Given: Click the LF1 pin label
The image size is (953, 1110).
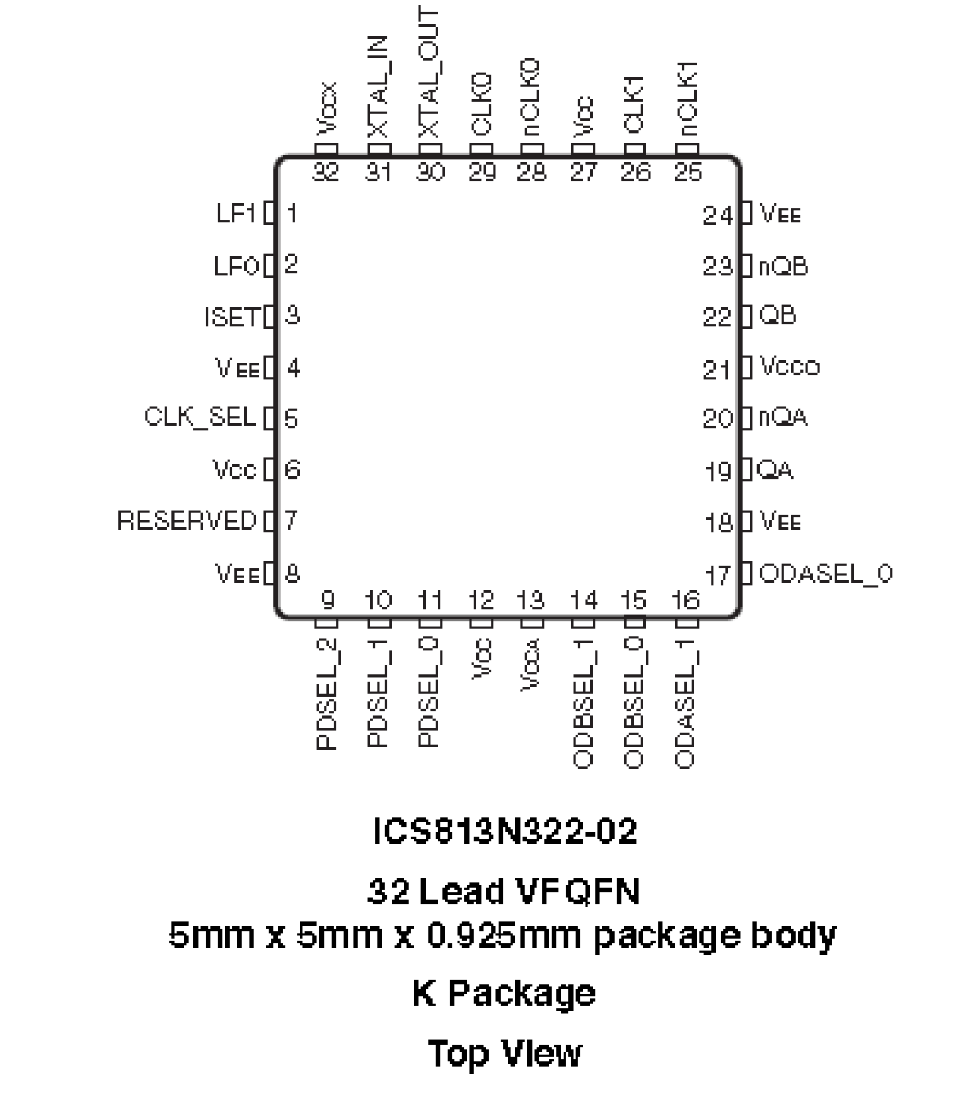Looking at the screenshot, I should (236, 214).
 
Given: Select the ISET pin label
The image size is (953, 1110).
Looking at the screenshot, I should (231, 316).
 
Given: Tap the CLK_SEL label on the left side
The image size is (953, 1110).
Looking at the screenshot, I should (200, 417).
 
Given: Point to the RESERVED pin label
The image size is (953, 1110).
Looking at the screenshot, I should (187, 520).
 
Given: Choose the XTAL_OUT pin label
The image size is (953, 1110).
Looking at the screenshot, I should (429, 73).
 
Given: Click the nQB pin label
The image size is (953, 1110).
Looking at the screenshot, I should (783, 266).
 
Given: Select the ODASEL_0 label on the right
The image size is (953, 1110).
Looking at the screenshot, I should (826, 574).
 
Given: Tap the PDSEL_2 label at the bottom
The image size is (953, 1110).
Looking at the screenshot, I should (326, 693).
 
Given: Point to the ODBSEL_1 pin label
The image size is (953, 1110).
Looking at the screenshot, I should (583, 703).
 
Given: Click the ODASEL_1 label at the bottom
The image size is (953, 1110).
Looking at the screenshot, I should (685, 703).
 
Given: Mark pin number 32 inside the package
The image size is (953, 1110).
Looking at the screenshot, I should (326, 172).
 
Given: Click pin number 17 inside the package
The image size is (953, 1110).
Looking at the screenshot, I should (718, 575).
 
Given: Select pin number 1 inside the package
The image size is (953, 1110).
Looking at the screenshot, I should (292, 214).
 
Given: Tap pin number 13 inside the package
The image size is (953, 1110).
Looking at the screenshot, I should (531, 600).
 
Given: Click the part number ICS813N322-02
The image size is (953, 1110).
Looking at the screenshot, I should (505, 832).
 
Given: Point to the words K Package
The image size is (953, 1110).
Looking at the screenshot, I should (504, 993).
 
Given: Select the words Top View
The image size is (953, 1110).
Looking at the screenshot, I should (505, 1053).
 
